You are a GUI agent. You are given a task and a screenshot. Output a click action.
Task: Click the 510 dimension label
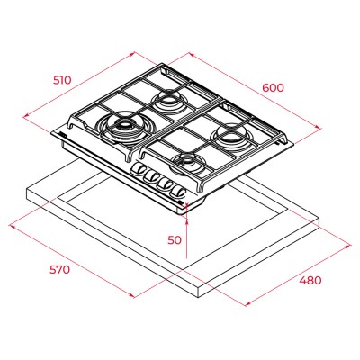(62, 80)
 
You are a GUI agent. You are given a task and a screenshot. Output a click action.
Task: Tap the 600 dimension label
(273, 88)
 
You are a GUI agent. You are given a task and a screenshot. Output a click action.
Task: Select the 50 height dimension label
(175, 240)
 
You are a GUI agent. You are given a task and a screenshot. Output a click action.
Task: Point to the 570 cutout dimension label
(60, 270)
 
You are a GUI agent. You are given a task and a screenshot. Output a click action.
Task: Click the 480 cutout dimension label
(310, 281)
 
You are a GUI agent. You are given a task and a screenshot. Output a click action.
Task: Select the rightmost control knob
(177, 193)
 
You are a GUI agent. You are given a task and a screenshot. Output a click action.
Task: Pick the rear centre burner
(168, 101)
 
